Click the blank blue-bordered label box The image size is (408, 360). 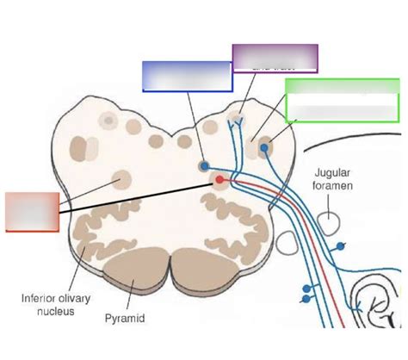coord(186,76)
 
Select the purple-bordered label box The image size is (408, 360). coord(275,57)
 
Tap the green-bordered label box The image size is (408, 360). coord(343,102)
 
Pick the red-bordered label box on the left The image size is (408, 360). coord(32,212)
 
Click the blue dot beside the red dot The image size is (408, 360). coord(204,165)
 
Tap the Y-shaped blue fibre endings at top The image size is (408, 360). coord(234,127)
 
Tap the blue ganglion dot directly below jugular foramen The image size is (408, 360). coord(341,248)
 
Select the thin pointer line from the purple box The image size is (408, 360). coord(245,99)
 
